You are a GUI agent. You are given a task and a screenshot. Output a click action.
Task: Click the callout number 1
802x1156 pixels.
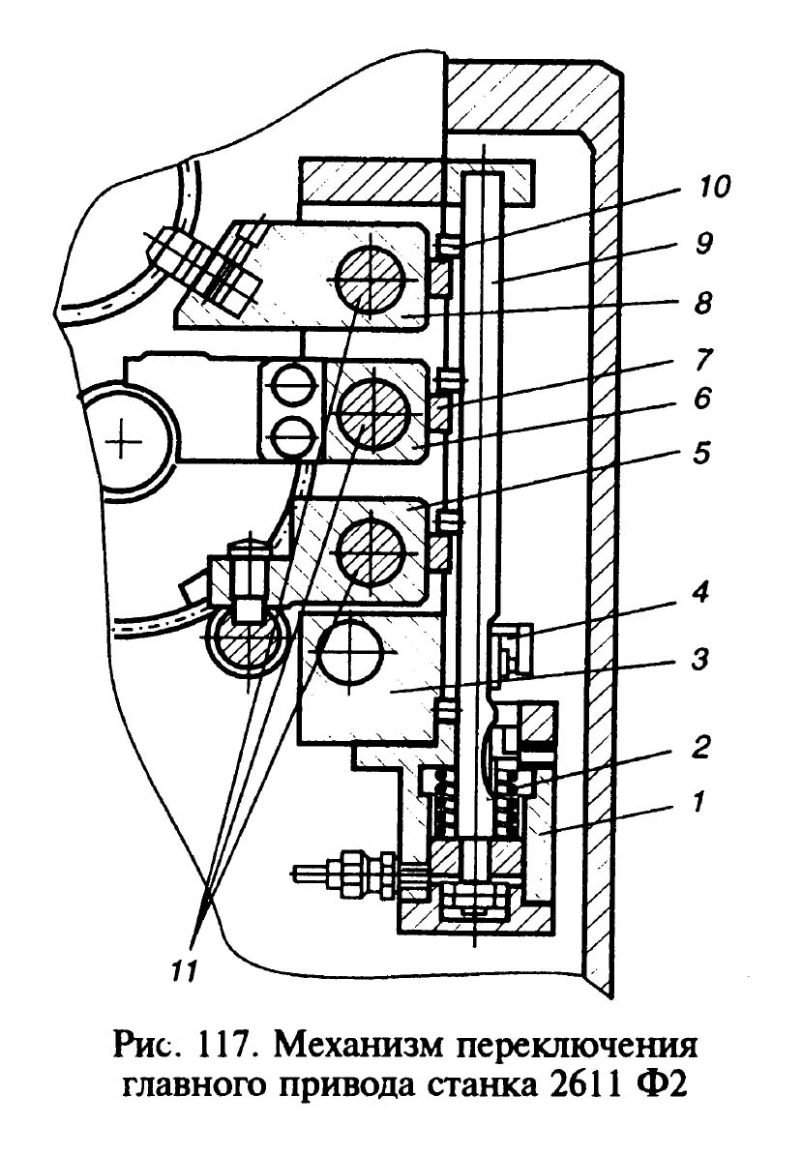[x=699, y=801]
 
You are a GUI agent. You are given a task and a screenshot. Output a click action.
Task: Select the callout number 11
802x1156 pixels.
[x=183, y=971]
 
